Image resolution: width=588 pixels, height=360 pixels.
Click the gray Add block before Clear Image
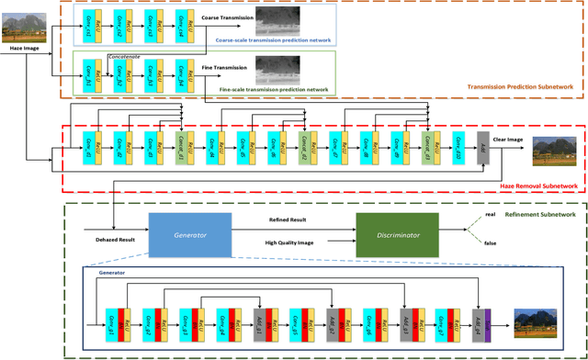click(483, 145)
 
